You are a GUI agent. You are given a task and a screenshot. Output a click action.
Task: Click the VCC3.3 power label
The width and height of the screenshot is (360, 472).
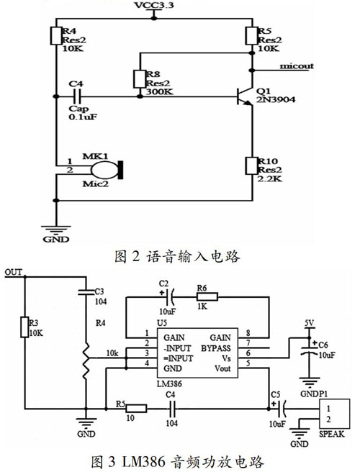(154, 5)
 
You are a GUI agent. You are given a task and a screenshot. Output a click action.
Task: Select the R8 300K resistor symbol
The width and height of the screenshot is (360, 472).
(140, 79)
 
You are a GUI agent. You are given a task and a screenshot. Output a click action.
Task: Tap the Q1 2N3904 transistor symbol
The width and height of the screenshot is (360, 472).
(246, 96)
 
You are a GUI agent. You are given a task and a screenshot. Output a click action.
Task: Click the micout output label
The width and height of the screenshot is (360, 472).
(297, 66)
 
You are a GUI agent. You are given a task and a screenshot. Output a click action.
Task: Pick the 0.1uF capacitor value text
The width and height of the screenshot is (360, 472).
(83, 117)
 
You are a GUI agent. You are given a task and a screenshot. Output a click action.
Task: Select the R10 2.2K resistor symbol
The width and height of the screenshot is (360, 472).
(252, 165)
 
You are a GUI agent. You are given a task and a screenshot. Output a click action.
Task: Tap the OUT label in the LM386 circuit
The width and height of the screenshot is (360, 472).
(14, 273)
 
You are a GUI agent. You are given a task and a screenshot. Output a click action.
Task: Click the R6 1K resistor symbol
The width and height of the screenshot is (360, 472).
(207, 297)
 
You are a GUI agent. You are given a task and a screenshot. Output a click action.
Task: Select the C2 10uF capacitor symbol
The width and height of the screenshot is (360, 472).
(170, 297)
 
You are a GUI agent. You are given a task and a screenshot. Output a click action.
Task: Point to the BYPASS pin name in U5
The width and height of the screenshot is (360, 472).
(216, 348)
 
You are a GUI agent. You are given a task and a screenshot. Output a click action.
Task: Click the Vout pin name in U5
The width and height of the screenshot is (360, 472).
(222, 368)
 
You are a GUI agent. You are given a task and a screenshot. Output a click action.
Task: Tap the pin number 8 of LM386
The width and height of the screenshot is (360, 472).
(248, 332)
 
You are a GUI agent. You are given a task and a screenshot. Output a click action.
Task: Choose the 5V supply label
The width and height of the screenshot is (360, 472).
(309, 323)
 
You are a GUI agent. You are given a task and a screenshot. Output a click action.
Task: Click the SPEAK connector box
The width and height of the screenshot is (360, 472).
(335, 414)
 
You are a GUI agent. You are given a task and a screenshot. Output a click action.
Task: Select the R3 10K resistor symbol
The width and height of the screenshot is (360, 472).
(24, 327)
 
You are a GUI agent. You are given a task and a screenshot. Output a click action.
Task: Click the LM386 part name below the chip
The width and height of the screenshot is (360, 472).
(169, 383)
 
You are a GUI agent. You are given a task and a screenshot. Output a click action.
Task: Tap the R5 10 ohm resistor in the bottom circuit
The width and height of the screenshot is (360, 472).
(136, 409)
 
